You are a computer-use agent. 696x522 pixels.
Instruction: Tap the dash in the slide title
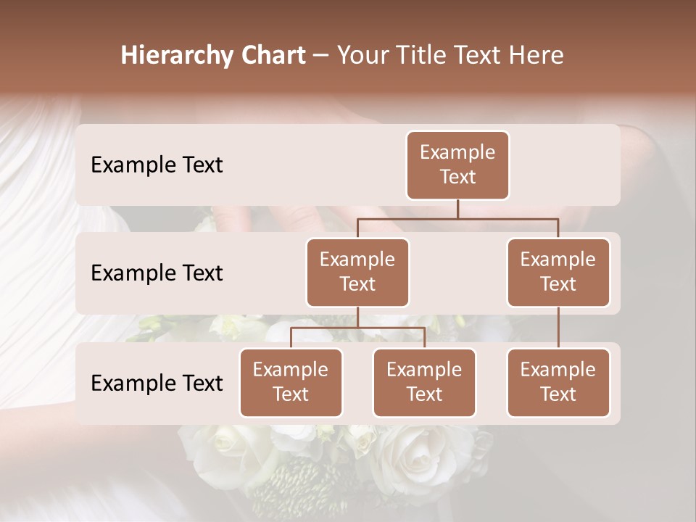pos(321,56)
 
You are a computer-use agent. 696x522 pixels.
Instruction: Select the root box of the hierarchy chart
pos(457,165)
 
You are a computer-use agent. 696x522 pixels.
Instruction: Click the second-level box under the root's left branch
pos(357,273)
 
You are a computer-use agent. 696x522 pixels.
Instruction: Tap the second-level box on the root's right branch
pos(558,273)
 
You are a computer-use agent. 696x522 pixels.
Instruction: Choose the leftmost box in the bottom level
pos(291,383)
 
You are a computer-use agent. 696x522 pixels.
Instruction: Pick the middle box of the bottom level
pos(424,383)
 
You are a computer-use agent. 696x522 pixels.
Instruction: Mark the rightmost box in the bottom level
pos(558,383)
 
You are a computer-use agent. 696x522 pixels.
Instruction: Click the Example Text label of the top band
pos(157,165)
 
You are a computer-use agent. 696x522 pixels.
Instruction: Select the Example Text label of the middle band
pos(157,273)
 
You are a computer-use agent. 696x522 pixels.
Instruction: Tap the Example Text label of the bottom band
pos(157,383)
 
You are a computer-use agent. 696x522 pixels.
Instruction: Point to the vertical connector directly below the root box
pos(457,209)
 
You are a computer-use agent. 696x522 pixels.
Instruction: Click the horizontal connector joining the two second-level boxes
pos(457,218)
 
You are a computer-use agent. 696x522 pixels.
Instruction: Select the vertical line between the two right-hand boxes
pos(558,328)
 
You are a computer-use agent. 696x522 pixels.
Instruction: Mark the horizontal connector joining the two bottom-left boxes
pos(357,328)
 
